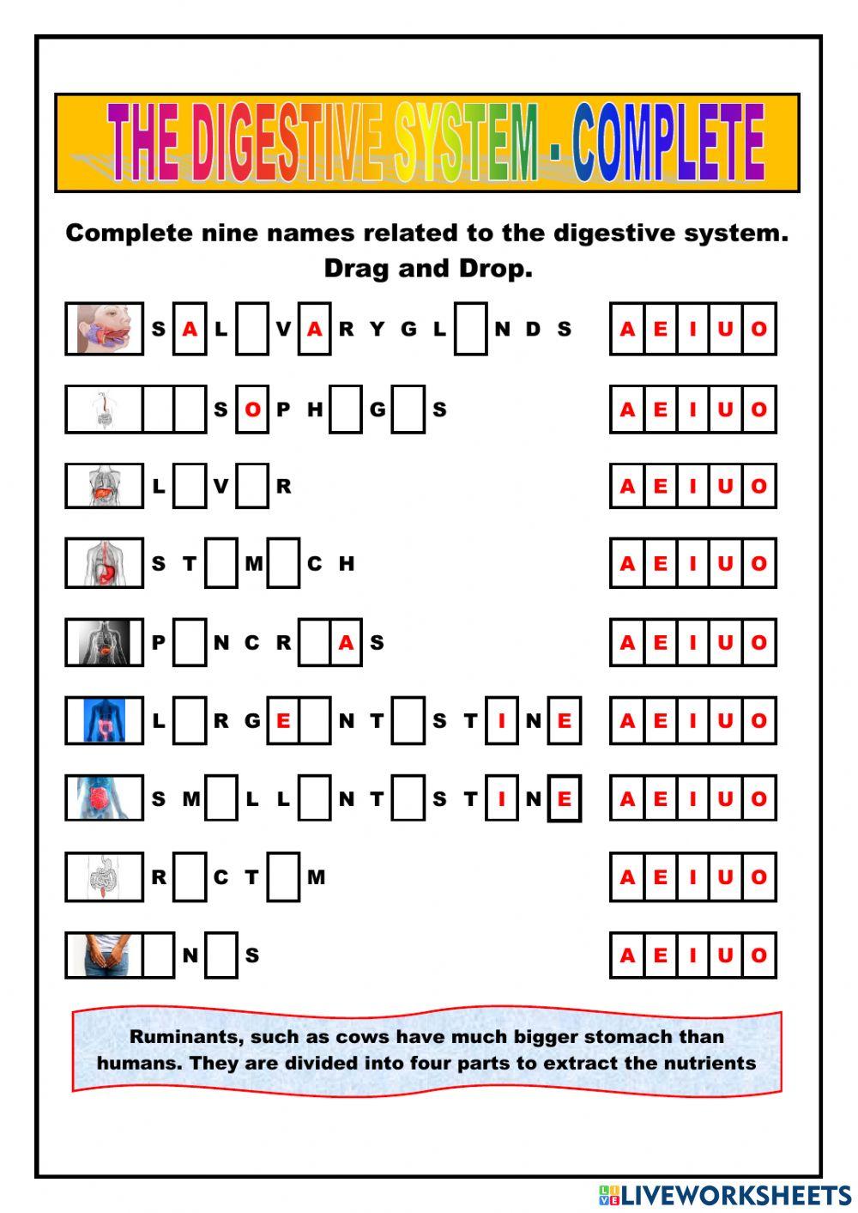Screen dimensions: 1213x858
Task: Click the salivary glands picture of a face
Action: click(x=105, y=328)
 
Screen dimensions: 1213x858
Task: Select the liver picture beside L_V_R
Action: click(x=105, y=486)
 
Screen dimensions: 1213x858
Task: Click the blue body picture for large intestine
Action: click(x=105, y=720)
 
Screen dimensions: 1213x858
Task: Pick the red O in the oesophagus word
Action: click(x=252, y=409)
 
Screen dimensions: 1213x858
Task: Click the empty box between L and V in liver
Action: click(x=190, y=486)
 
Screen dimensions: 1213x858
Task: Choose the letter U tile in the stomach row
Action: click(x=726, y=563)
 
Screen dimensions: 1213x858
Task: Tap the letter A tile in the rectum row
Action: click(x=627, y=877)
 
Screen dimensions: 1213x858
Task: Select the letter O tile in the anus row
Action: click(x=758, y=955)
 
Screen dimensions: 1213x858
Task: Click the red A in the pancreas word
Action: click(x=346, y=642)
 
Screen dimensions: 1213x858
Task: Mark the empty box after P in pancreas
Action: click(x=190, y=642)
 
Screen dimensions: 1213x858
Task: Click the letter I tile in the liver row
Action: click(x=693, y=486)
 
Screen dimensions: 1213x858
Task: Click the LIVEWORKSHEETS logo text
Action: click(x=736, y=1195)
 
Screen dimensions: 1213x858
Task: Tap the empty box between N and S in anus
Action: click(x=221, y=955)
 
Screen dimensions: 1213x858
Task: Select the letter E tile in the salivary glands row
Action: click(x=660, y=329)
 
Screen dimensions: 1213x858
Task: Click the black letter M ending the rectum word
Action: click(x=316, y=877)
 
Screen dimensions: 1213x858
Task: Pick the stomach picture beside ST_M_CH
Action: click(x=105, y=563)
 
